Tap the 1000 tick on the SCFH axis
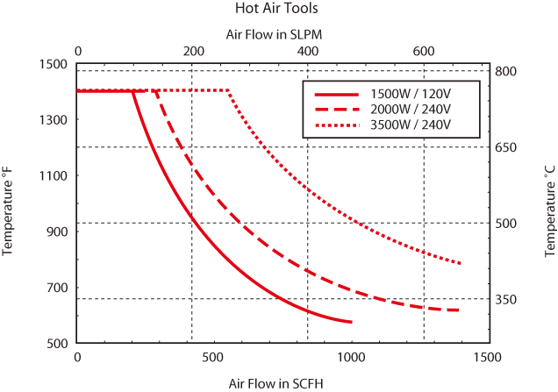(x=351, y=358)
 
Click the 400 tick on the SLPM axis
(x=308, y=51)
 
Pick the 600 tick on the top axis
(x=423, y=51)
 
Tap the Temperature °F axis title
(x=10, y=203)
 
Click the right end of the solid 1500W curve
(x=352, y=322)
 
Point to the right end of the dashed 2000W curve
(x=460, y=310)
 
